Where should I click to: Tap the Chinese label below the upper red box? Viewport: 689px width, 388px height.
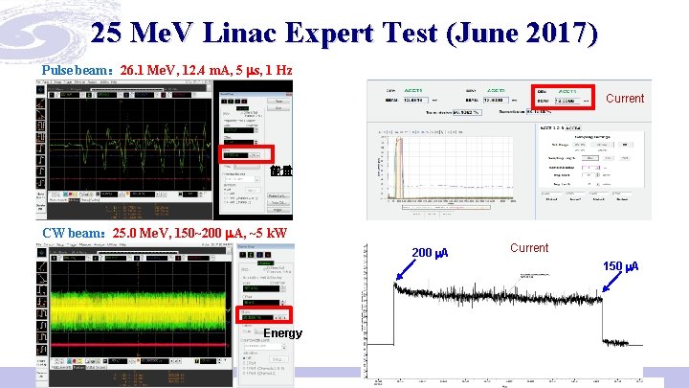tap(280, 171)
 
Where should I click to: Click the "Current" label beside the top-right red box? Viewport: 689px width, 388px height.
tap(625, 99)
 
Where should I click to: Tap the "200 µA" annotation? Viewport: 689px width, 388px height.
tap(429, 253)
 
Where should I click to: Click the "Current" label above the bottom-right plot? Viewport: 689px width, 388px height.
tap(529, 248)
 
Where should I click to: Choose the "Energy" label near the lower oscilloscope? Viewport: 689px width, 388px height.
tap(283, 333)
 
